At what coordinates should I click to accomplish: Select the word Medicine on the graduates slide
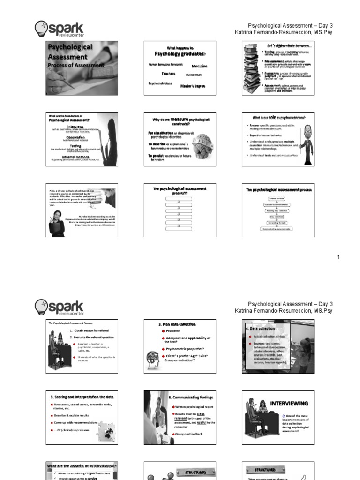[199, 66]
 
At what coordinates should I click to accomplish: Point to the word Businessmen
[194, 75]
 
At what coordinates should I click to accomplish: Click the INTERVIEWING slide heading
[289, 403]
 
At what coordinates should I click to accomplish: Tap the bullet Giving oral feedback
[189, 435]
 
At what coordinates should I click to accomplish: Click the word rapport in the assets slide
[89, 473]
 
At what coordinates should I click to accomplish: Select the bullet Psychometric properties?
[184, 349]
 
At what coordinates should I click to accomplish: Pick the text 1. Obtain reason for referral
[89, 330]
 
